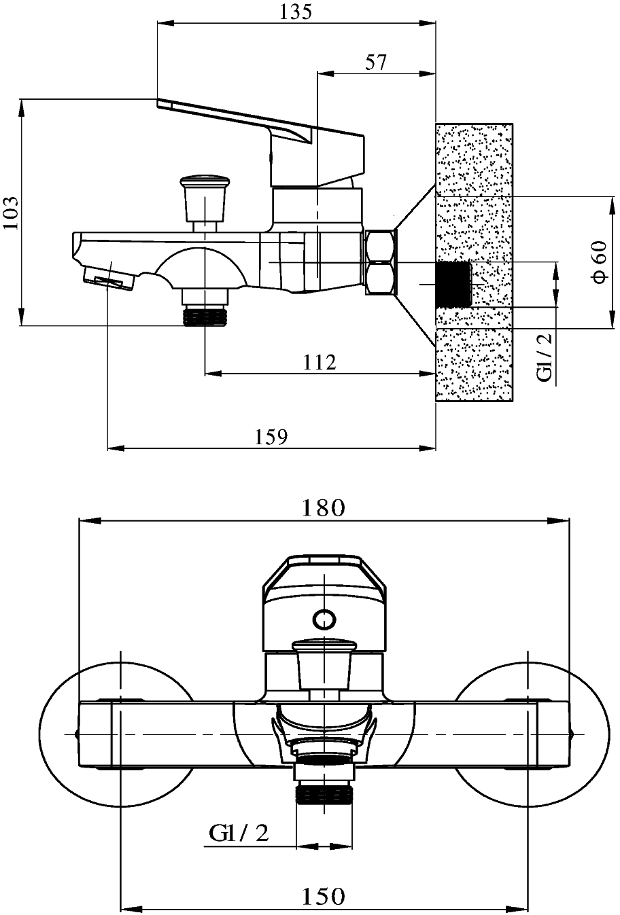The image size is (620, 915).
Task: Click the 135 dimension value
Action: point(296,12)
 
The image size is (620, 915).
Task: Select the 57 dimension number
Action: point(375,62)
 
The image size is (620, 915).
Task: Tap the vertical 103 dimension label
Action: point(11,213)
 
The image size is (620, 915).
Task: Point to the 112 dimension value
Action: point(320,362)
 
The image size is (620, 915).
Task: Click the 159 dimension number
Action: point(271,437)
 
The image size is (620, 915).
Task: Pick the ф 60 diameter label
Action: point(600,262)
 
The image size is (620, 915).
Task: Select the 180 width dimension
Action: point(324,507)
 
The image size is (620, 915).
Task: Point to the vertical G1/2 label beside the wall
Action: point(545,357)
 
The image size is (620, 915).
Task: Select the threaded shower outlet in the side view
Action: point(205,316)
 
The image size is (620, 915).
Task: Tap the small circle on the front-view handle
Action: point(324,620)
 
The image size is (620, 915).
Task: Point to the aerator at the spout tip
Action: point(109,279)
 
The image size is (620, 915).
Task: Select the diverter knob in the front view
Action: point(324,664)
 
